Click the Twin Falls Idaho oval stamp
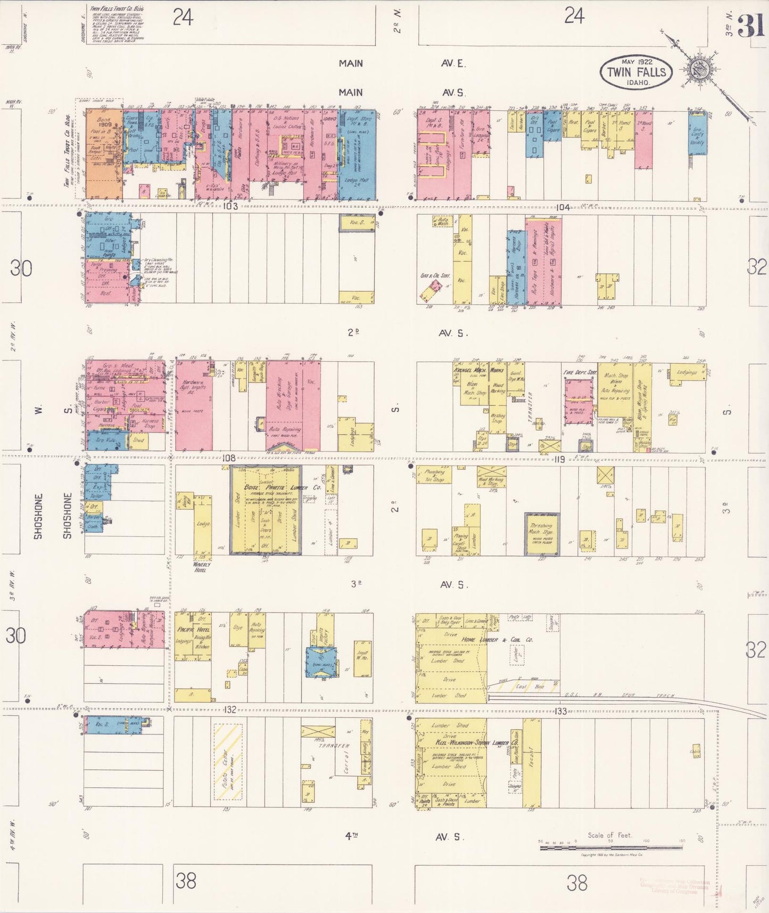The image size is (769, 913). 636,72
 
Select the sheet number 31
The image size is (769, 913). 751,25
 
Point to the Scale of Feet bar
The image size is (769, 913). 611,846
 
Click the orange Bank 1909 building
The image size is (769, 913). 104,154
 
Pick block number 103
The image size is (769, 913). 230,206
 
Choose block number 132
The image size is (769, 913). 229,710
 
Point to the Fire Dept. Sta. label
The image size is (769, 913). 580,372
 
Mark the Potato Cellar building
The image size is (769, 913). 228,762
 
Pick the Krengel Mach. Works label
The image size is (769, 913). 478,370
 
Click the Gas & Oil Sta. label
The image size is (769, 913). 435,276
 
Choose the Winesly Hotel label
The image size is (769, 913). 202,567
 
